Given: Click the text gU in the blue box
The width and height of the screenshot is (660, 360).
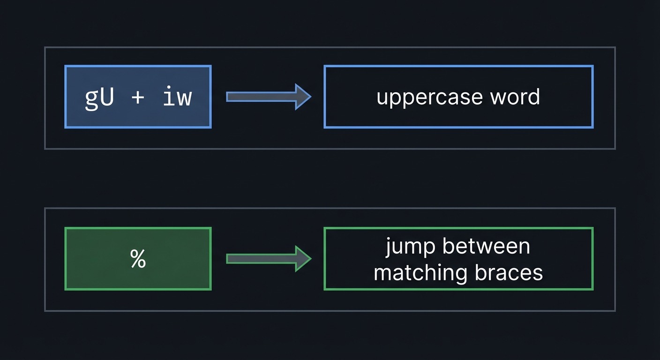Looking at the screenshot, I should coord(99,97).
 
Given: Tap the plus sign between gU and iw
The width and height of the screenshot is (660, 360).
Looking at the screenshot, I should coord(138,97).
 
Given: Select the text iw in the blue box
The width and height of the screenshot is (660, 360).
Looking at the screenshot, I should coord(177,97).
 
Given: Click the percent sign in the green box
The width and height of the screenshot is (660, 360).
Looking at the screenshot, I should coord(138,259).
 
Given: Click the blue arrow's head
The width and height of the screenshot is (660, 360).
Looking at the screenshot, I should coord(302,97).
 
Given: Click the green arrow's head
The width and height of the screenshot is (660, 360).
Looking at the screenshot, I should coord(302,259).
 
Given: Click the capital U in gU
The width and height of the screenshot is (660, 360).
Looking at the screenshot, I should coord(107,97).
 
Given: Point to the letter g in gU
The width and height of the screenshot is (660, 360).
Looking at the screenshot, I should coord(92,99).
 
